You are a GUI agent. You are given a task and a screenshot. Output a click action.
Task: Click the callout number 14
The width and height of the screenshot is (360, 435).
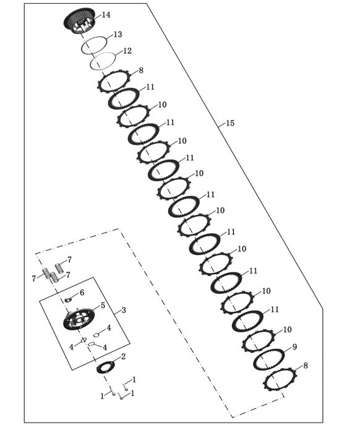tap(106, 15)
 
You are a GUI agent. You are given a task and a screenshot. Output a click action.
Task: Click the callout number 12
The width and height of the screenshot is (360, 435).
tap(127, 51)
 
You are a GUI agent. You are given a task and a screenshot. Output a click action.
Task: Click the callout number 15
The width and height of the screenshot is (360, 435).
tap(230, 123)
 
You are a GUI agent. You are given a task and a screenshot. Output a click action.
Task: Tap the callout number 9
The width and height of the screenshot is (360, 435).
tap(294, 347)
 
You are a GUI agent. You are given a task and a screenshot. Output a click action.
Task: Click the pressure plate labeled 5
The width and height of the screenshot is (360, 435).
tap(79, 319)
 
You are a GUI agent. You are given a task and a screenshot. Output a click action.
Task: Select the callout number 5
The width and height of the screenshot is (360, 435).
tap(103, 306)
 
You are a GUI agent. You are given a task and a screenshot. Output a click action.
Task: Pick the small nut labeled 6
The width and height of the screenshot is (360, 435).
tap(68, 299)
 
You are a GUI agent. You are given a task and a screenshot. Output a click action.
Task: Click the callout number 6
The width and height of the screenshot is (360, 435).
tap(82, 293)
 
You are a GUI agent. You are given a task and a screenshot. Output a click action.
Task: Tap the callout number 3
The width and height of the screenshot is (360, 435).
tap(124, 310)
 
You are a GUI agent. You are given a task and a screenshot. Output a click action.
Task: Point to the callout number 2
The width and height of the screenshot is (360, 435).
tap(123, 356)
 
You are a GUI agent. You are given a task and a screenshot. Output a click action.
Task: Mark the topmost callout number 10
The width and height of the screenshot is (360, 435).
tap(162, 105)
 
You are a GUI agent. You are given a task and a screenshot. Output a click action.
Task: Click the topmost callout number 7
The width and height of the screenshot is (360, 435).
tap(69, 260)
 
